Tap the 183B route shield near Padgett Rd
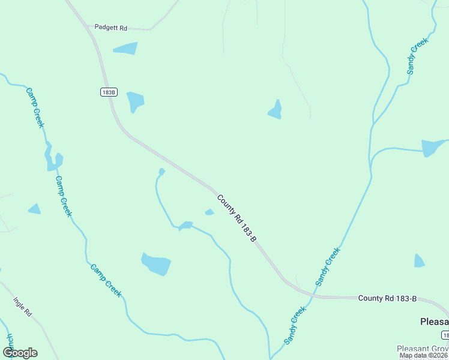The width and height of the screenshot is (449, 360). pyautogui.click(x=109, y=92)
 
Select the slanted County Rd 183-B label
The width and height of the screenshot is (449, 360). pyautogui.click(x=237, y=218)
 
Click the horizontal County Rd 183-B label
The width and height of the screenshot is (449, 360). pyautogui.click(x=387, y=298)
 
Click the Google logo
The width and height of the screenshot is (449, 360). pyautogui.click(x=20, y=353)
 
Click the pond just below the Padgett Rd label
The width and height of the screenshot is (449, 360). pyautogui.click(x=125, y=49)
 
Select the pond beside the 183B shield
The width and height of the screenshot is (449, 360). pyautogui.click(x=135, y=101)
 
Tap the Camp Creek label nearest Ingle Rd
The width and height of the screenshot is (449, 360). pyautogui.click(x=106, y=280)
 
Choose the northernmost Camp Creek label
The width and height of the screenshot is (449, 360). pyautogui.click(x=35, y=107)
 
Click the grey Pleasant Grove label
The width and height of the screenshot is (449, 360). pyautogui.click(x=422, y=349)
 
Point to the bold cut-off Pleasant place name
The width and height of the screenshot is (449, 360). pyautogui.click(x=433, y=321)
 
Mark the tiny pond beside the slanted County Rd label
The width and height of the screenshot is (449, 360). pyautogui.click(x=209, y=212)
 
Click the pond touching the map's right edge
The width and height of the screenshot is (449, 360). pyautogui.click(x=432, y=147)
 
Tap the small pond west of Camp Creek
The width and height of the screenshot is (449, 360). pyautogui.click(x=34, y=209)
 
